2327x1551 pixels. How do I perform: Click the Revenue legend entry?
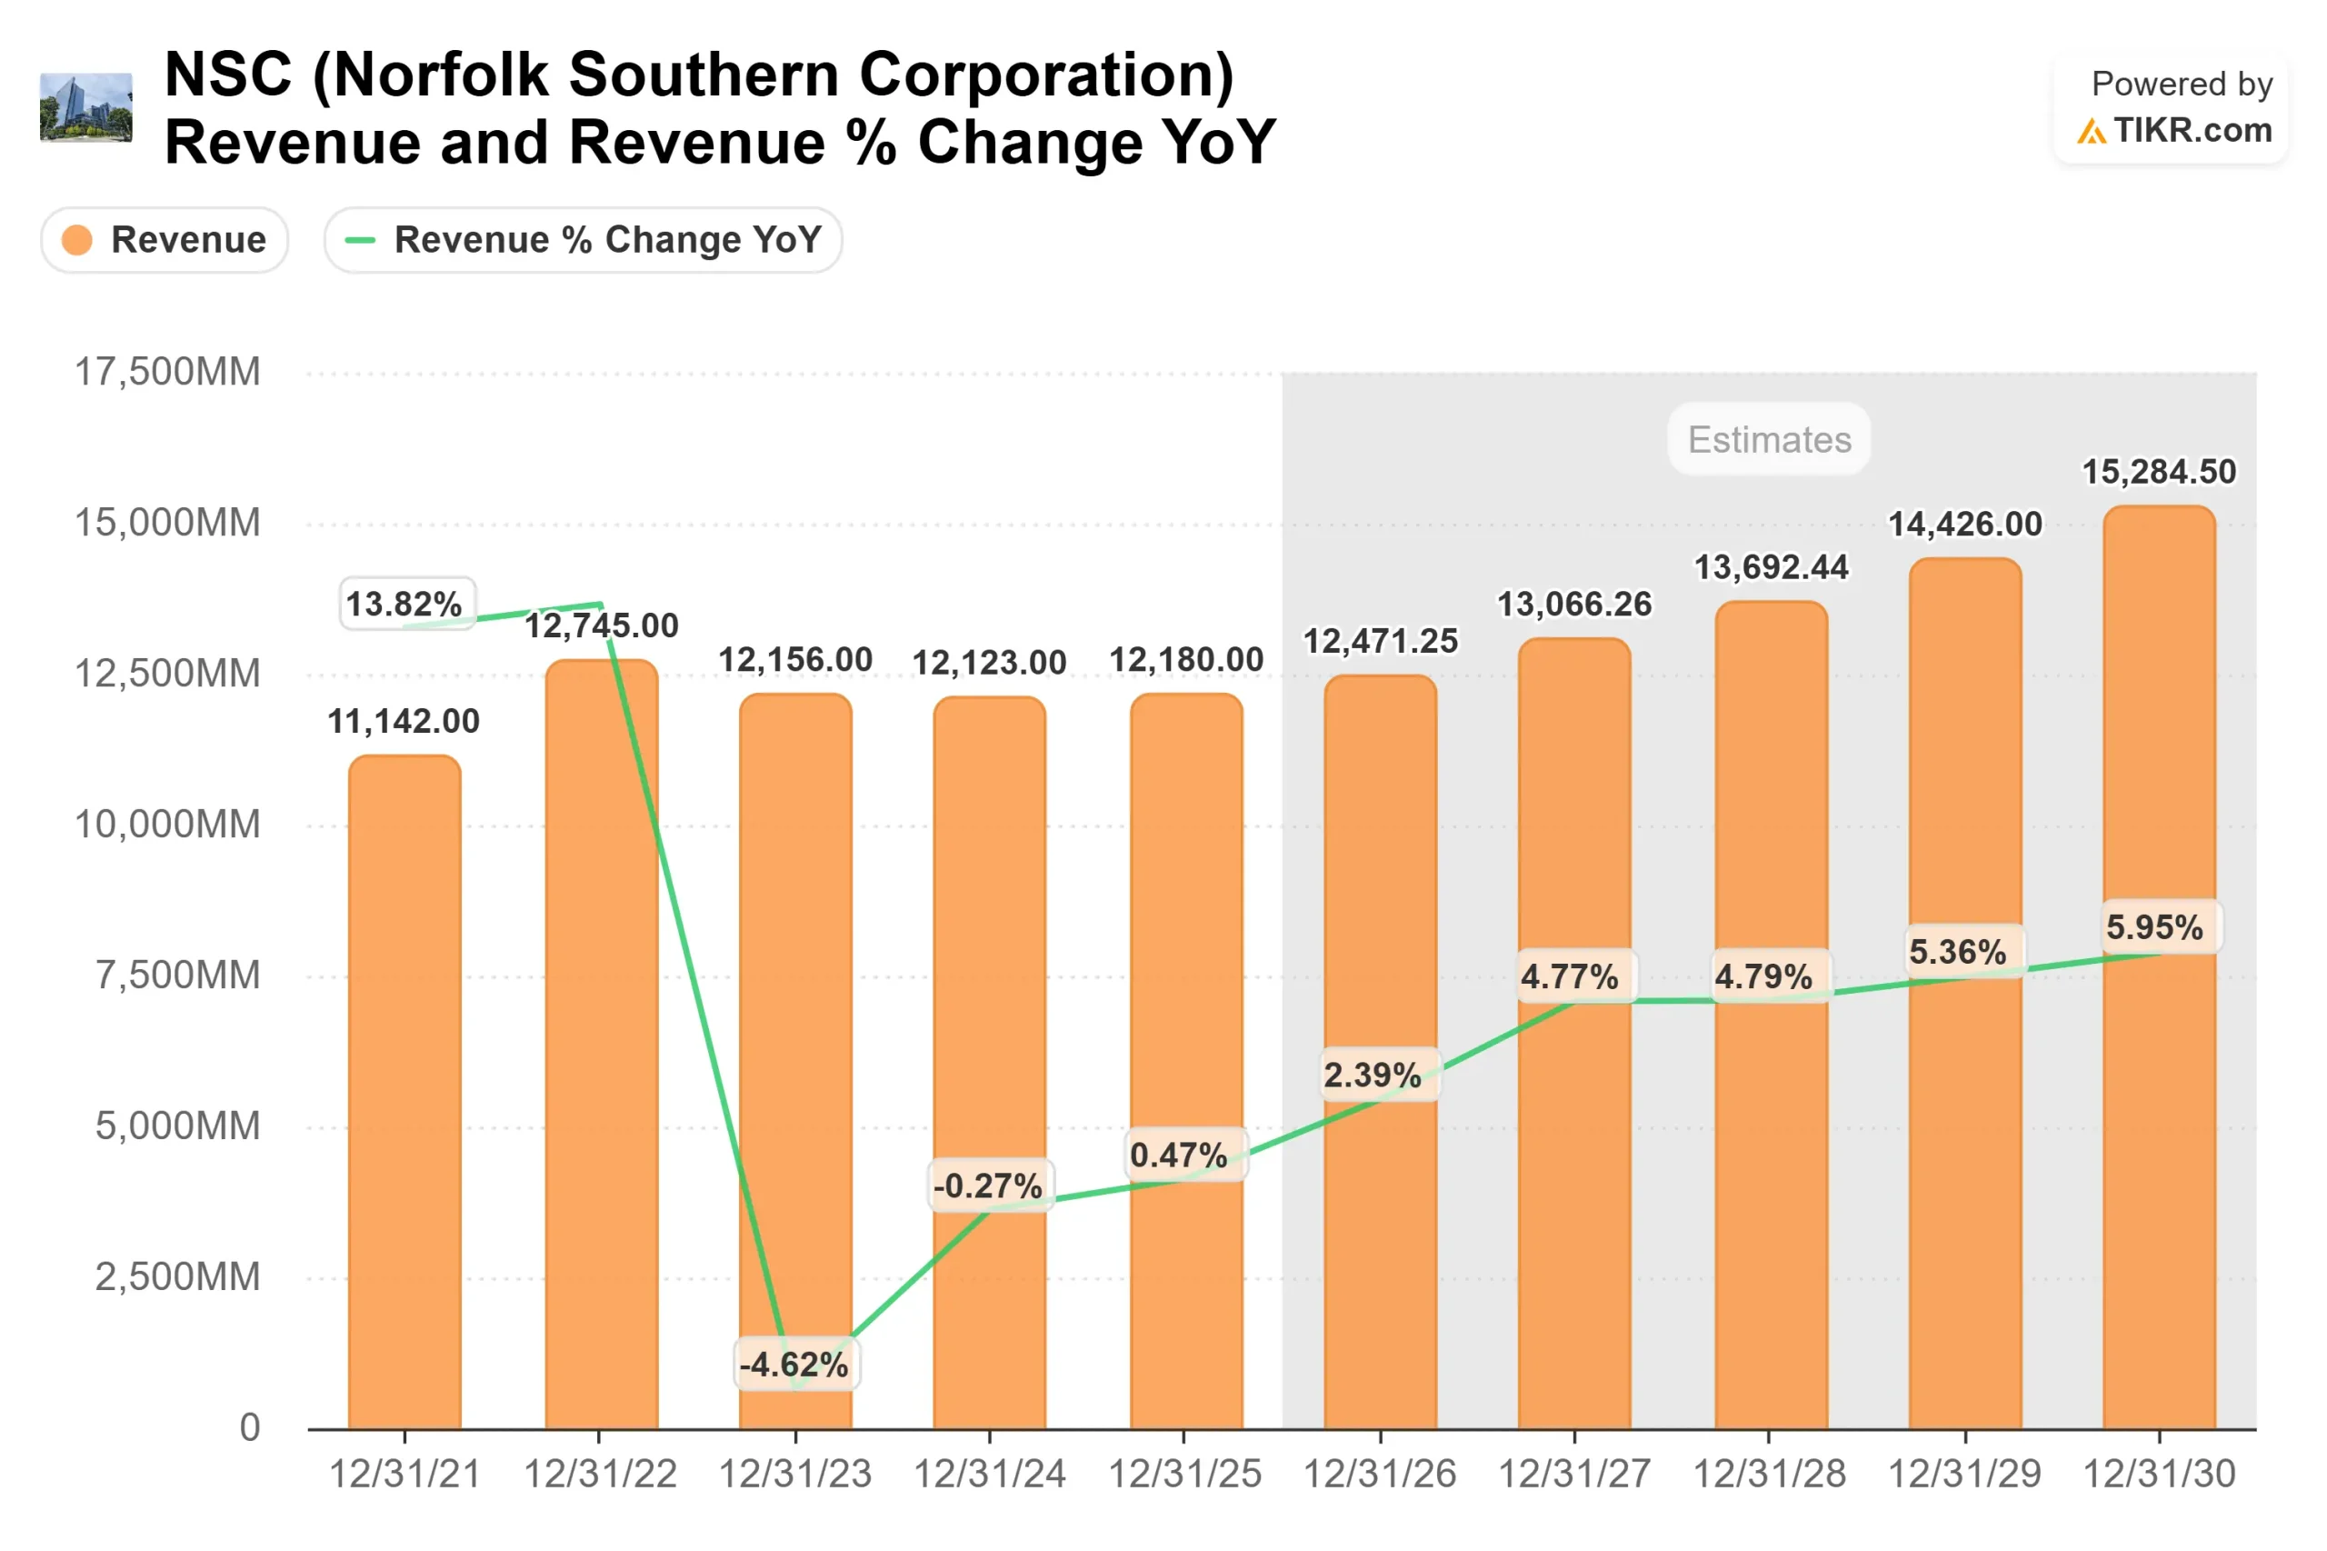[x=165, y=240]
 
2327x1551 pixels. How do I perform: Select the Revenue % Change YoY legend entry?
[x=583, y=240]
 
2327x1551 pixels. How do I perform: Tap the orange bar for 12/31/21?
[x=404, y=1088]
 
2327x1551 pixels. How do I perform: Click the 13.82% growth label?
[x=404, y=604]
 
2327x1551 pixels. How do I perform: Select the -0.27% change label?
[x=988, y=1185]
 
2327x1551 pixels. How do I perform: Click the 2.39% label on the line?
[x=1373, y=1076]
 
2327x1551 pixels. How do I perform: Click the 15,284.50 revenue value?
[x=2158, y=472]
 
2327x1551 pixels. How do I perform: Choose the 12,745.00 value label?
[x=600, y=626]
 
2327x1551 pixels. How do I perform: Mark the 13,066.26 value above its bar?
[x=1573, y=605]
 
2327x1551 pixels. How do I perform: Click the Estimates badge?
[x=1768, y=439]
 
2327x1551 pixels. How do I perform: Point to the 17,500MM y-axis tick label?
[x=168, y=373]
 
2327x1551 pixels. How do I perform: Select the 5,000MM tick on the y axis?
[x=178, y=1126]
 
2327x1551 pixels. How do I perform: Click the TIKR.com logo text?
[x=2192, y=131]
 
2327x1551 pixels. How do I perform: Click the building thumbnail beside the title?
[x=86, y=108]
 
